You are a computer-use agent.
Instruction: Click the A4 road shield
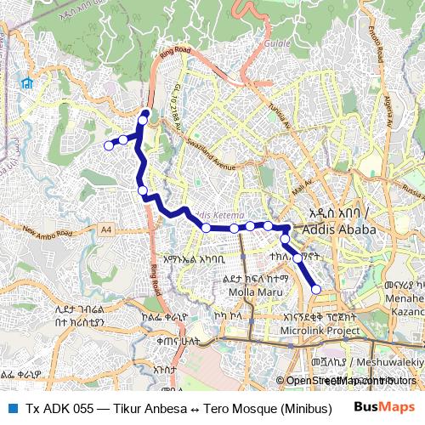pyautogui.click(x=105, y=229)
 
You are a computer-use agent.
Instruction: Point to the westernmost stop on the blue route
pyautogui.click(x=109, y=146)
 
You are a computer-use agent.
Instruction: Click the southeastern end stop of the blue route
pyautogui.click(x=316, y=290)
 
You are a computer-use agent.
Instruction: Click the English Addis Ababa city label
pyautogui.click(x=343, y=231)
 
